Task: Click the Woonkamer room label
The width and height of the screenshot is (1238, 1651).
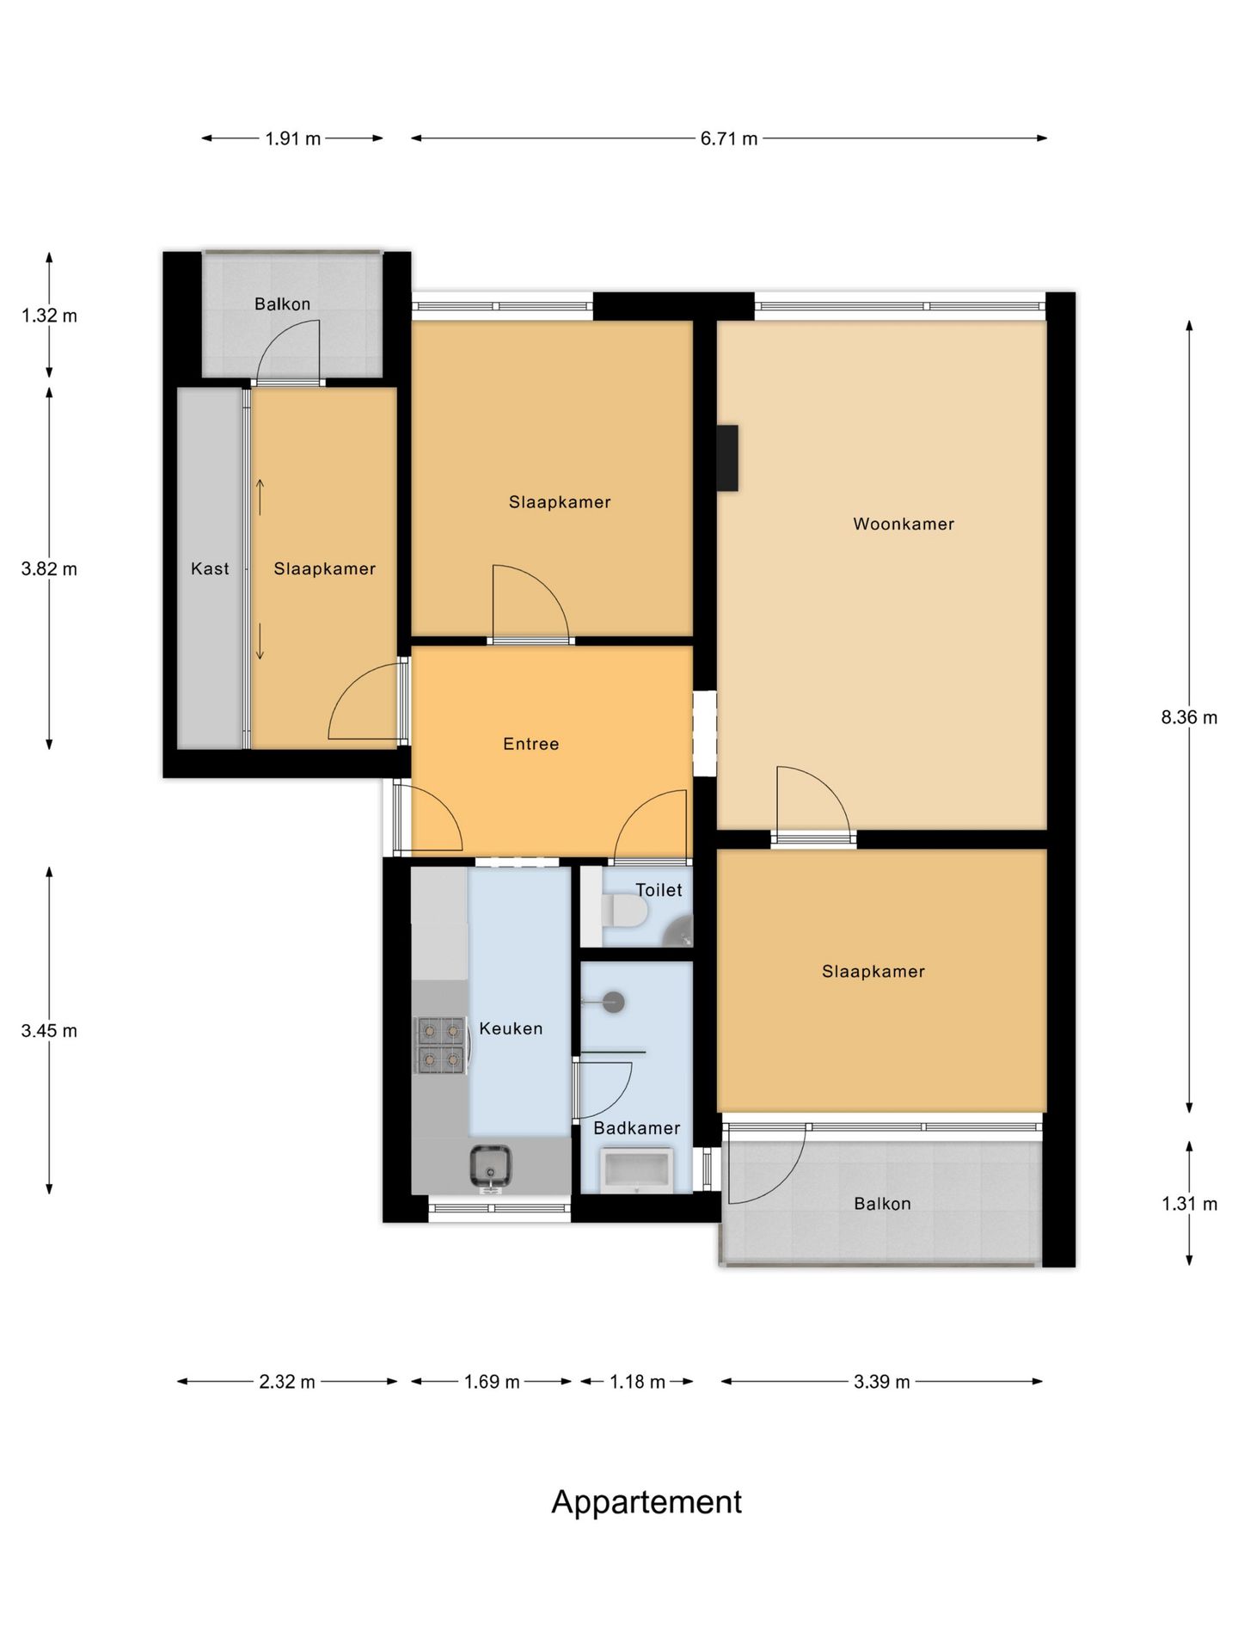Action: tap(903, 524)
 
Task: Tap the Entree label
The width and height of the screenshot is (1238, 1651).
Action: tap(530, 744)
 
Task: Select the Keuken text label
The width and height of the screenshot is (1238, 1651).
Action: tap(511, 1028)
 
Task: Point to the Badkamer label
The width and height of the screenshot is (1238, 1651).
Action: tap(636, 1127)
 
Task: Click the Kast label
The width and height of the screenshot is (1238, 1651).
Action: tap(210, 568)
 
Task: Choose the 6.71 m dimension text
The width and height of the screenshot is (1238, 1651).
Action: tap(729, 138)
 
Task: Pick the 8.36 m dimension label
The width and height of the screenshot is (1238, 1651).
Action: tap(1189, 717)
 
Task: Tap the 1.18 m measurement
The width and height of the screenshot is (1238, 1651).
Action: tap(637, 1382)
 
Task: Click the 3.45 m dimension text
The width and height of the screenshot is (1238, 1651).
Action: tap(49, 1030)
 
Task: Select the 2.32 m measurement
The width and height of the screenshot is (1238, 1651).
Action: tap(287, 1382)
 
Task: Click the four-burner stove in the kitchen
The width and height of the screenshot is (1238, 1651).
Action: tap(441, 1045)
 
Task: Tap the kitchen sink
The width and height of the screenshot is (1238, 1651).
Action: tap(491, 1167)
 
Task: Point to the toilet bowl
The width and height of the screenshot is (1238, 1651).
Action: tap(625, 911)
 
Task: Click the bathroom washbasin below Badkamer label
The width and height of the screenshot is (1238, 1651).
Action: tap(636, 1171)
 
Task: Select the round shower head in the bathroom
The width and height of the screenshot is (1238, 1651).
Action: tap(613, 1002)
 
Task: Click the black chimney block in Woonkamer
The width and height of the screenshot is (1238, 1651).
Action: tap(727, 458)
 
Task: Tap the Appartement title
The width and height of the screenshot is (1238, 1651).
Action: tap(647, 1502)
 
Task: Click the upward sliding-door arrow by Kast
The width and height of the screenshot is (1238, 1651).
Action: tap(260, 497)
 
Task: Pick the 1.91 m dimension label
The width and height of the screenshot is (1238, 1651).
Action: tap(292, 138)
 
